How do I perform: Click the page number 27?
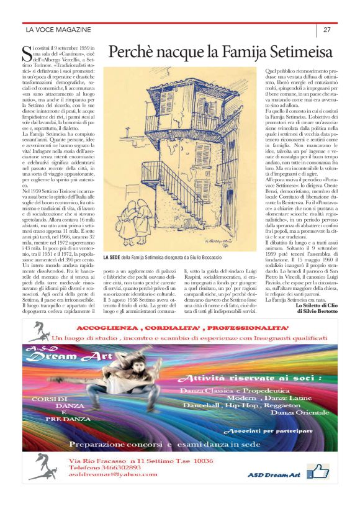[326, 30]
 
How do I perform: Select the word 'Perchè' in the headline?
[133, 52]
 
